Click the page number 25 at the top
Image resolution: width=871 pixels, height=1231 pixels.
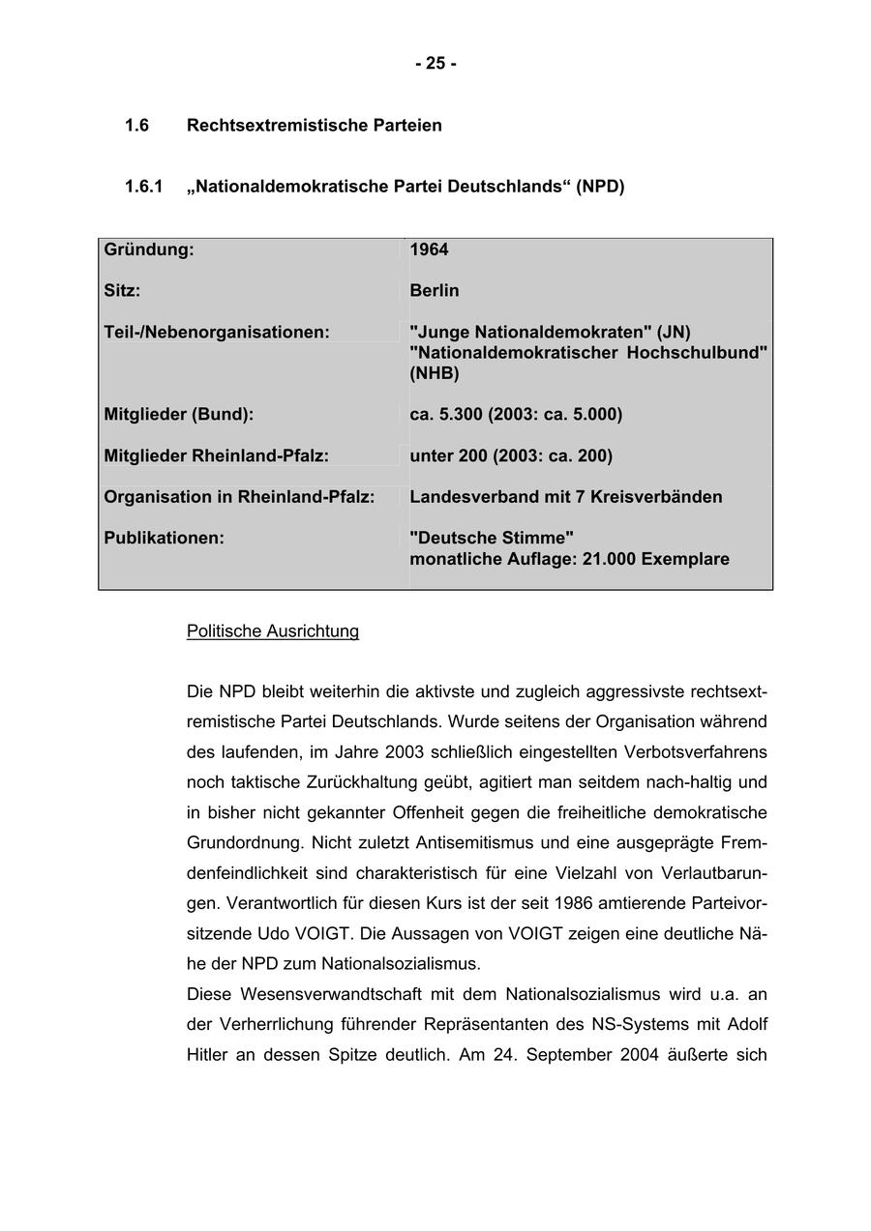tap(435, 64)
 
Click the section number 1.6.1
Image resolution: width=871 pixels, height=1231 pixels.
tap(144, 186)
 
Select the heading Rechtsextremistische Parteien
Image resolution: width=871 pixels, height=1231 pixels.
tap(314, 126)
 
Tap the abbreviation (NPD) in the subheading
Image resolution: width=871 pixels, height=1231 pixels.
tap(600, 186)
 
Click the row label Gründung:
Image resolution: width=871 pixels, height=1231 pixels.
tap(149, 249)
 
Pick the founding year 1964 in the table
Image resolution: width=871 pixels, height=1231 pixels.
tap(429, 249)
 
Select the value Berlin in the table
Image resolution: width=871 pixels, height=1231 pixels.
tap(435, 291)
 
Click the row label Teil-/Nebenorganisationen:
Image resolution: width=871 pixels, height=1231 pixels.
tap(217, 332)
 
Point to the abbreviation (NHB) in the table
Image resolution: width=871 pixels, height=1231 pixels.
tap(435, 373)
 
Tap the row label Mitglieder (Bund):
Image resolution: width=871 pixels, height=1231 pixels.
tap(179, 414)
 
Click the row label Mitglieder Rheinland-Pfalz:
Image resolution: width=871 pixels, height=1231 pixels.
tap(217, 455)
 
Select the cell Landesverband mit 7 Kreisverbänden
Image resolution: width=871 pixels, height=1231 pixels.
tap(566, 497)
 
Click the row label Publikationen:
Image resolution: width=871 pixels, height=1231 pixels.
tap(164, 538)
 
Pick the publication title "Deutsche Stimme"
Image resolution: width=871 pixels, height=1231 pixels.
tap(492, 538)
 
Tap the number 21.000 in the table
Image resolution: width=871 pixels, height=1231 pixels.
tap(609, 559)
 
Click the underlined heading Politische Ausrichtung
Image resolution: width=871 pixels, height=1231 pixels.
tap(273, 631)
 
